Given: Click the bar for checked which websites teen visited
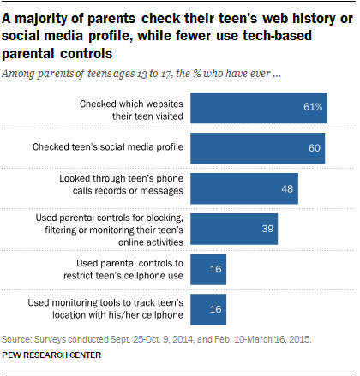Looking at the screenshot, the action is [x=259, y=108].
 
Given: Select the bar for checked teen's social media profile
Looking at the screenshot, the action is [x=258, y=148].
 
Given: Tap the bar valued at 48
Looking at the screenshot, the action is [x=244, y=188].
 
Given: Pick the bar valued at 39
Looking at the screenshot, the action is [x=234, y=229].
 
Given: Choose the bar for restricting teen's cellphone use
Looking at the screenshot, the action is [x=208, y=269].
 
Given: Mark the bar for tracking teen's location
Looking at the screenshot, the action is [x=208, y=309].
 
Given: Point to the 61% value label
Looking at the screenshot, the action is [x=313, y=107].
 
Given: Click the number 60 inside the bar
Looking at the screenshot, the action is [x=315, y=148].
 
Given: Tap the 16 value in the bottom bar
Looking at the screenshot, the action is [x=216, y=309].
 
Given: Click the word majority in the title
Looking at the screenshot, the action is [x=47, y=19].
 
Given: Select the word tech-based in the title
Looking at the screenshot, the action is [x=277, y=36].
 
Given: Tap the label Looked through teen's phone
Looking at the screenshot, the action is [x=121, y=178].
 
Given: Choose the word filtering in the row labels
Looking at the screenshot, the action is [x=60, y=230].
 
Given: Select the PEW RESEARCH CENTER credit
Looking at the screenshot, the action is [x=51, y=355].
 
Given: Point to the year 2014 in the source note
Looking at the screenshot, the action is [x=183, y=339].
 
